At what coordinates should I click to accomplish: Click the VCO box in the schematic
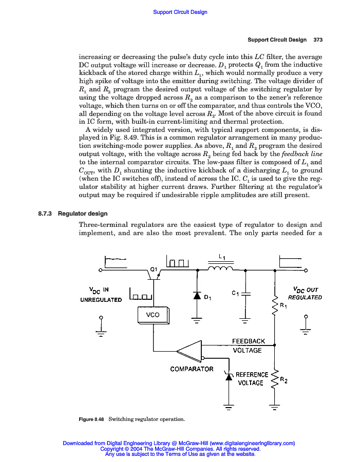153,315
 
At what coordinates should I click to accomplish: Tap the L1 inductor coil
221,268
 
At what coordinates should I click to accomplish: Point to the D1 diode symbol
197,295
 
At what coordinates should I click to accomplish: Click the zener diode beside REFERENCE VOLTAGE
229,376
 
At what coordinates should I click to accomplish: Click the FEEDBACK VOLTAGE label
248,345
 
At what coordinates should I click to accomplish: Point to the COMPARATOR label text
192,369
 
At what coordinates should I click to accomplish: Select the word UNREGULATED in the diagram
101,300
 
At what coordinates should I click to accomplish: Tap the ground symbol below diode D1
197,322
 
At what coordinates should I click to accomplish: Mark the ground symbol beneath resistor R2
275,408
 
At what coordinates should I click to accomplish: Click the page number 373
317,40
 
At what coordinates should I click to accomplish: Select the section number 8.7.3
48,214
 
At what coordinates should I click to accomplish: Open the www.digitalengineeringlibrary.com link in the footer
252,443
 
